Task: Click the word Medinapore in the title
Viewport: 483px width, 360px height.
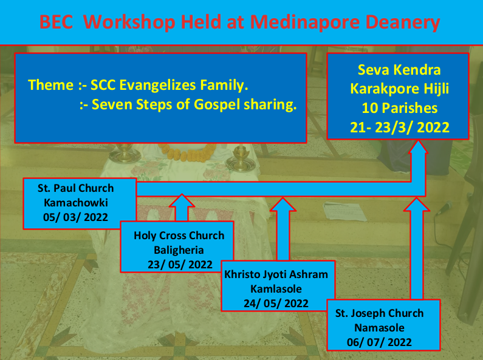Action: click(305, 22)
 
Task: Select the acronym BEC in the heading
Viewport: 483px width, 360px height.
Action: click(57, 22)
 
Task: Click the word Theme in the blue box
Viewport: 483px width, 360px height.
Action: click(51, 85)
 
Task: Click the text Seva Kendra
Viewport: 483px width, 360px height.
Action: click(399, 70)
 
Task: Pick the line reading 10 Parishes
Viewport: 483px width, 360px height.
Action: click(400, 108)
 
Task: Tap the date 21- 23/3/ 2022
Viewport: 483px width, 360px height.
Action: click(400, 127)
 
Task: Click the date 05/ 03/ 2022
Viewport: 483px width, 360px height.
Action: click(75, 217)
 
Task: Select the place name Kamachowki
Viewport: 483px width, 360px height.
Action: click(76, 203)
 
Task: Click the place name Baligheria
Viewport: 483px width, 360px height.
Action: click(179, 250)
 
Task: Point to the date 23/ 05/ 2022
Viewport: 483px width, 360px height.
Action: click(180, 265)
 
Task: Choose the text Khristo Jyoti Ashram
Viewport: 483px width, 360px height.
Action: click(276, 274)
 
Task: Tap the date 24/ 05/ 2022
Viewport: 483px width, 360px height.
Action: click(276, 304)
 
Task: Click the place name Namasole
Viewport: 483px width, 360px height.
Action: click(379, 328)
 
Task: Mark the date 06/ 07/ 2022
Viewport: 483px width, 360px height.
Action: click(379, 342)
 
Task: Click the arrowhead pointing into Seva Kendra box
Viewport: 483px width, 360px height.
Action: click(418, 146)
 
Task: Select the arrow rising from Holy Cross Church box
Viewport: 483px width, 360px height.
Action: click(182, 208)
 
